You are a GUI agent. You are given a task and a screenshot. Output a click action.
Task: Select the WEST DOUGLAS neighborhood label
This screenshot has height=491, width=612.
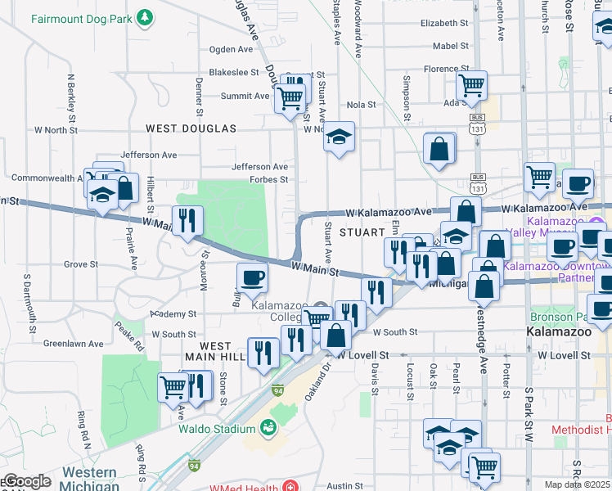[x=191, y=128]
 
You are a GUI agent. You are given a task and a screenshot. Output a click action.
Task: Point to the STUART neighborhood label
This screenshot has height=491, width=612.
[x=357, y=233]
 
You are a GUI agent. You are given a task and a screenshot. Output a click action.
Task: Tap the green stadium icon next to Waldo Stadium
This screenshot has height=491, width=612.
[x=267, y=427]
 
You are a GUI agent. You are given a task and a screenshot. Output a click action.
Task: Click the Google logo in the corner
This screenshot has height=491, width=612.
[x=26, y=481]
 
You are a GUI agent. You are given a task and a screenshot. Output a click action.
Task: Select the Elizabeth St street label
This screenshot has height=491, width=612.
[x=443, y=23]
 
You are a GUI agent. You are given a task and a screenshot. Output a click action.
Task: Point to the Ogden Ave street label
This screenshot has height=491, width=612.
[x=233, y=49]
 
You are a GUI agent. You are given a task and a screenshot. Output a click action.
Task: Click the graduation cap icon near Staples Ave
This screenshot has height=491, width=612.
[x=338, y=137]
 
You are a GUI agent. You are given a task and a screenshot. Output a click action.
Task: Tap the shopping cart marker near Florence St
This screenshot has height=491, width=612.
[x=471, y=84]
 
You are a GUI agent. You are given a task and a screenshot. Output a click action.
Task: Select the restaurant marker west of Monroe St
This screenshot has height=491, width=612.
[x=187, y=220]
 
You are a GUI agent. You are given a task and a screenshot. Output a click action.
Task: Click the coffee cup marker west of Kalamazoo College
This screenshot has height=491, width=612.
[x=252, y=277]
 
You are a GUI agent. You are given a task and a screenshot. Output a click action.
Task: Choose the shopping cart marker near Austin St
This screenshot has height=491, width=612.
[x=484, y=466]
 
